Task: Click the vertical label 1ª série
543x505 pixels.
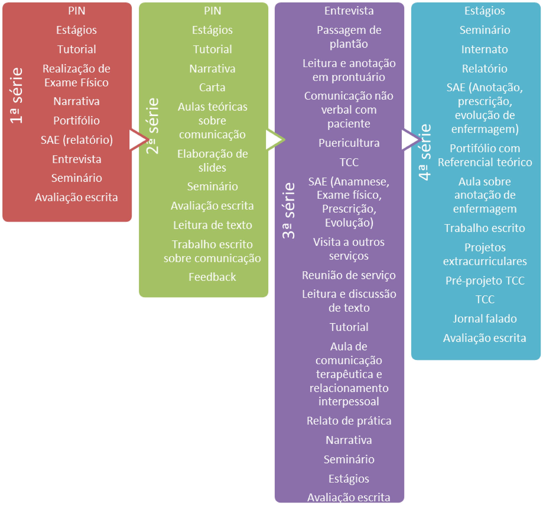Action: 16,96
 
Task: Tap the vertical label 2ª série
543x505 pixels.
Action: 152,126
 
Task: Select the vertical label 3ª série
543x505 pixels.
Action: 289,210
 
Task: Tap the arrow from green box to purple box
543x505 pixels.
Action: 275,140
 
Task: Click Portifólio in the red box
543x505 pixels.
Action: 76,120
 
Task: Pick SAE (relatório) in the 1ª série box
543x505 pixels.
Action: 76,140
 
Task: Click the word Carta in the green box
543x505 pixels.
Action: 212,87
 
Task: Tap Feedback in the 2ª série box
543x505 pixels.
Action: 212,277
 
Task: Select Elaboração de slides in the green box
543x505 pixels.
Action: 212,161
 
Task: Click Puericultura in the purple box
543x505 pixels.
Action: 349,143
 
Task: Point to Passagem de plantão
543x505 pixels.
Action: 349,37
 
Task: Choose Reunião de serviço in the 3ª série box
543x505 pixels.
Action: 349,275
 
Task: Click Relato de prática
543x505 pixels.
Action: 349,421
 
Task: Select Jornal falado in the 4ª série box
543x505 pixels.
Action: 484,318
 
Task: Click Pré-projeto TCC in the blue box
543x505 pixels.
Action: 484,281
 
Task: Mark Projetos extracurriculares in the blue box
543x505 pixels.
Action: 484,254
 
